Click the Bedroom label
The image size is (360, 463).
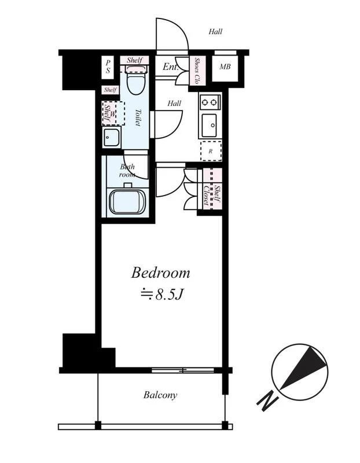coord(160,273)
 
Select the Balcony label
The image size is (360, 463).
coord(160,395)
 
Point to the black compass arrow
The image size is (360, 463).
coord(304,367)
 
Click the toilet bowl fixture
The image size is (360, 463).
coord(137,80)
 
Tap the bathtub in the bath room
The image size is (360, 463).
coord(127,201)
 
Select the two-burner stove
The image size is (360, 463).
coord(210,102)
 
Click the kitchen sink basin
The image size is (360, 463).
coord(210,125)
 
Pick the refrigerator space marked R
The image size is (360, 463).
coord(211,151)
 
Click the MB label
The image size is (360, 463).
coord(225,67)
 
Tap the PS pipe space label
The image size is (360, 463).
coord(108,67)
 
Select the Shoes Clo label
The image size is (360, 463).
coord(196,70)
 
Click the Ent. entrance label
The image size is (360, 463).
coord(171,67)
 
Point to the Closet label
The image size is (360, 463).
coord(206,195)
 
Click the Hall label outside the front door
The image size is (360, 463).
coord(215,31)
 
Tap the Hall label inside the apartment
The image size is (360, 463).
coord(174,104)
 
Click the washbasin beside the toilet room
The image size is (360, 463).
coord(111,138)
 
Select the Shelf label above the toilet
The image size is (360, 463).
coord(134,60)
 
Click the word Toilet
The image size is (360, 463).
coord(138,117)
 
